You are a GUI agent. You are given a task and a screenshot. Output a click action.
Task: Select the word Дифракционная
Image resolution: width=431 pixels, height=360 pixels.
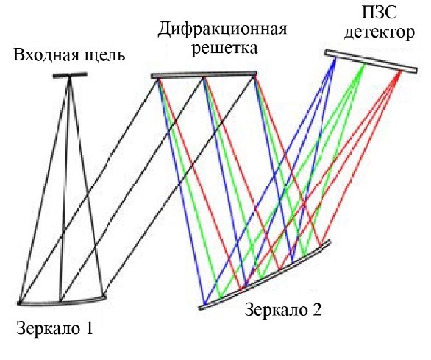[222, 29]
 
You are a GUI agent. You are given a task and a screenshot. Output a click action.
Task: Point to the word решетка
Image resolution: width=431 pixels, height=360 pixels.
[224, 49]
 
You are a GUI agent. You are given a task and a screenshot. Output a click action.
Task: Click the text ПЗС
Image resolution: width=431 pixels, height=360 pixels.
[379, 13]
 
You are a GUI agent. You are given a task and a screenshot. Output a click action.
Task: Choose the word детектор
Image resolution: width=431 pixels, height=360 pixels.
[380, 32]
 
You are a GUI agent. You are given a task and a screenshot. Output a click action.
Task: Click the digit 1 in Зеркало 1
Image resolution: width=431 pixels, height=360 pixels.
[88, 328]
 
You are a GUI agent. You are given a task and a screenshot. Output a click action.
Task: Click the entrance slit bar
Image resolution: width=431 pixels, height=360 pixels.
[70, 75]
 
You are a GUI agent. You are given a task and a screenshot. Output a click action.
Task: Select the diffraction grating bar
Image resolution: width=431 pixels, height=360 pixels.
[204, 75]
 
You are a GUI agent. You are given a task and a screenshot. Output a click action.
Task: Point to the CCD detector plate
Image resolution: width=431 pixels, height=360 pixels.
[371, 61]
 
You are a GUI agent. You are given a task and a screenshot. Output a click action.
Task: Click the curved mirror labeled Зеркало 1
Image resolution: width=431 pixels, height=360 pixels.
[62, 302]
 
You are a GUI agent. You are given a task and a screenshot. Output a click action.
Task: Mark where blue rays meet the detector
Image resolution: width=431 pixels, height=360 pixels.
[335, 57]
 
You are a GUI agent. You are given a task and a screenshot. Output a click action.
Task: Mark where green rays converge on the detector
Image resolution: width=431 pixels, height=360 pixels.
[364, 64]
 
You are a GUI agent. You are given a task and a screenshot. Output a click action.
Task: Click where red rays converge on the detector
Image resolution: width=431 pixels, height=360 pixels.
[400, 72]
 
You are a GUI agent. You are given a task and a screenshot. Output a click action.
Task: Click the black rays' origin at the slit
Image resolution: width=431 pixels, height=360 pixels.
[70, 77]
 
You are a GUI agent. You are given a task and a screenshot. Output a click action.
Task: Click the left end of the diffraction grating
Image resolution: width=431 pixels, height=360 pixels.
[152, 76]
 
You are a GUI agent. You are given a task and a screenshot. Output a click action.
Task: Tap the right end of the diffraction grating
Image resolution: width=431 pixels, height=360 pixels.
[256, 74]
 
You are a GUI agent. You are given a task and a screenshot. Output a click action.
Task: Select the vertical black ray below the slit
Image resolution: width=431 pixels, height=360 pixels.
[65, 189]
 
